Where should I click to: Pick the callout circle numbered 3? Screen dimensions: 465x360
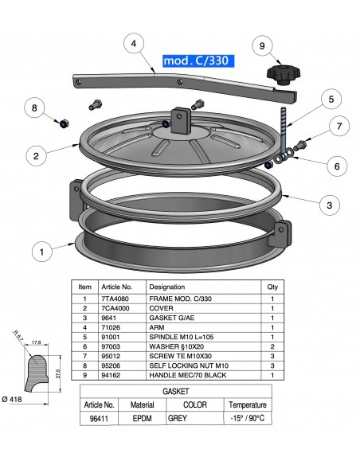328,205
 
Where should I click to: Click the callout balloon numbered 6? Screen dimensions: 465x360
337,166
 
